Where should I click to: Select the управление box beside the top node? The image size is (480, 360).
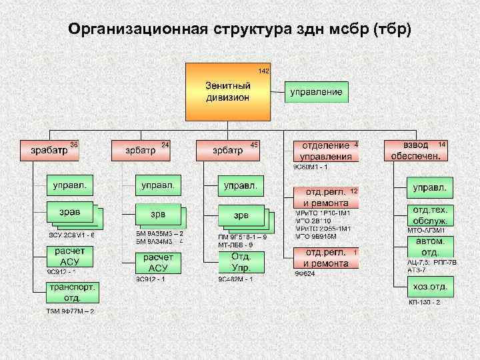click(x=316, y=91)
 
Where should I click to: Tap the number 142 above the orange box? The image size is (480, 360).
click(x=264, y=71)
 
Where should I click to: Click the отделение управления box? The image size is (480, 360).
click(x=326, y=151)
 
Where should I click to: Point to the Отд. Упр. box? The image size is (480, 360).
click(x=240, y=262)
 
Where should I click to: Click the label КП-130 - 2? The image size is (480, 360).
click(x=425, y=302)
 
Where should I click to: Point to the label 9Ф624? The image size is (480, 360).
click(x=304, y=273)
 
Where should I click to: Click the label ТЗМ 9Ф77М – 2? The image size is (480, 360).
click(x=70, y=311)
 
